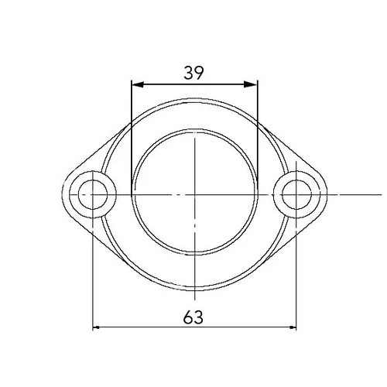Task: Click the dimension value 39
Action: click(x=193, y=73)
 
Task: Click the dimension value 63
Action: click(x=193, y=317)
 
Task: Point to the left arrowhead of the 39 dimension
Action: click(x=136, y=84)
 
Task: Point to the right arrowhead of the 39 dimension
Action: click(x=253, y=84)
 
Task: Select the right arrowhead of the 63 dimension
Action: click(x=293, y=327)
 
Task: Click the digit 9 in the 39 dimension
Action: click(x=199, y=73)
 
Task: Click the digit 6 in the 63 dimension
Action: click(x=188, y=317)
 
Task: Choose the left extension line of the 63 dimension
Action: click(x=93, y=271)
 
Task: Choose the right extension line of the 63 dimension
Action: click(x=297, y=271)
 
